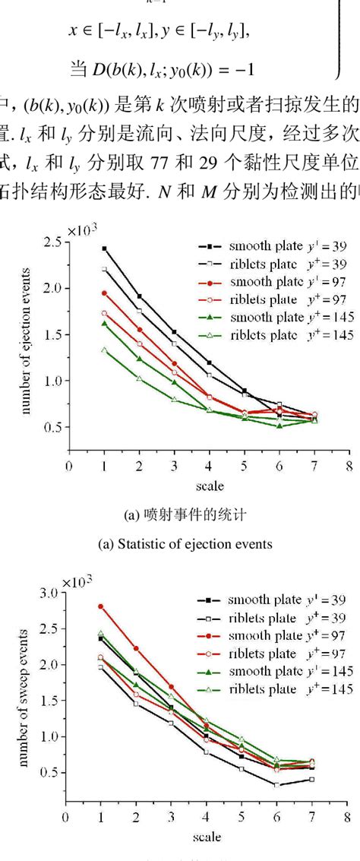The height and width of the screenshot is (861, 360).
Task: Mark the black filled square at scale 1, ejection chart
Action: [x=104, y=248]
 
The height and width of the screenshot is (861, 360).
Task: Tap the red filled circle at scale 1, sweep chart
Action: [x=100, y=606]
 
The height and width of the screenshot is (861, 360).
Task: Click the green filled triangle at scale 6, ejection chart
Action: [x=279, y=426]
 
